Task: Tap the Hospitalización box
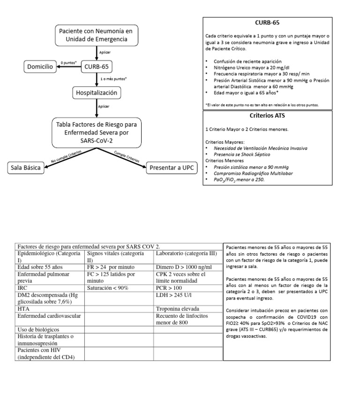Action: click(x=97, y=93)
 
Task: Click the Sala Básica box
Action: click(x=26, y=168)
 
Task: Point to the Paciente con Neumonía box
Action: click(x=96, y=35)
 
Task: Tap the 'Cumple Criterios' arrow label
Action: click(x=127, y=157)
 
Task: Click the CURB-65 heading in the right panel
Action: click(x=267, y=22)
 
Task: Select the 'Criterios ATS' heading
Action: click(x=267, y=115)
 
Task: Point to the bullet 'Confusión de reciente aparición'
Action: click(x=247, y=61)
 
